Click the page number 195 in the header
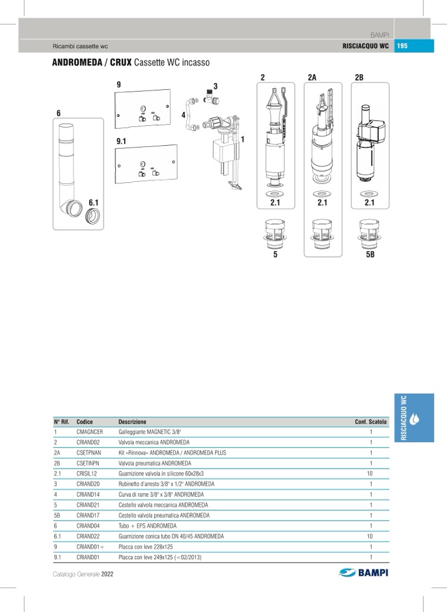[x=403, y=46]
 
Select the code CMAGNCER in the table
[x=89, y=432]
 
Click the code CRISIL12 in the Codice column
[x=86, y=473]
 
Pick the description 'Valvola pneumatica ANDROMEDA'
[x=155, y=463]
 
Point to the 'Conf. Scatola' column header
[x=371, y=422]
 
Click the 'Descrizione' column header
[x=132, y=422]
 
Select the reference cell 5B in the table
[x=56, y=515]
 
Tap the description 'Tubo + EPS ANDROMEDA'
[x=147, y=526]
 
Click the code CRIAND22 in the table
[x=88, y=536]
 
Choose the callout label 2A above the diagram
[x=312, y=78]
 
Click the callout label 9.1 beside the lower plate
[x=122, y=141]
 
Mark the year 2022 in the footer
[x=107, y=574]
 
